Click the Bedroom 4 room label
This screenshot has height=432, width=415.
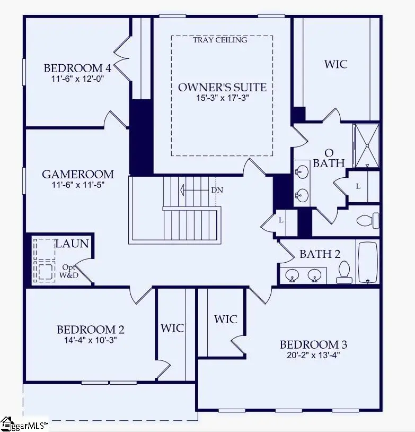click(x=77, y=68)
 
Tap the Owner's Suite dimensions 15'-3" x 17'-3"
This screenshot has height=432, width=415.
click(x=222, y=98)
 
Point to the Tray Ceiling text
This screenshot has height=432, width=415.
click(x=220, y=40)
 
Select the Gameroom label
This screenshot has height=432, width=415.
click(x=78, y=174)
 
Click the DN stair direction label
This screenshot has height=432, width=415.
click(x=217, y=190)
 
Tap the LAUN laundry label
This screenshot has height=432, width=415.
click(x=72, y=244)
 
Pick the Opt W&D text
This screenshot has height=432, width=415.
click(x=69, y=271)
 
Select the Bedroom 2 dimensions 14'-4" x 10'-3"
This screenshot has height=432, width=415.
click(x=91, y=340)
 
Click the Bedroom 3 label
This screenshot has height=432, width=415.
click(x=313, y=345)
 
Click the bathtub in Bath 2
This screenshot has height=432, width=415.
click(x=367, y=263)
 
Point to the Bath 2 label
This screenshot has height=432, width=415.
click(x=320, y=254)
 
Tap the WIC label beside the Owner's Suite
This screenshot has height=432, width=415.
click(x=335, y=64)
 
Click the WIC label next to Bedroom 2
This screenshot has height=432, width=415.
click(x=172, y=328)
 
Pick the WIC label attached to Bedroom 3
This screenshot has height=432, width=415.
click(x=225, y=319)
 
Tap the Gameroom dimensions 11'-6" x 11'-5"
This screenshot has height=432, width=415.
click(x=78, y=185)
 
